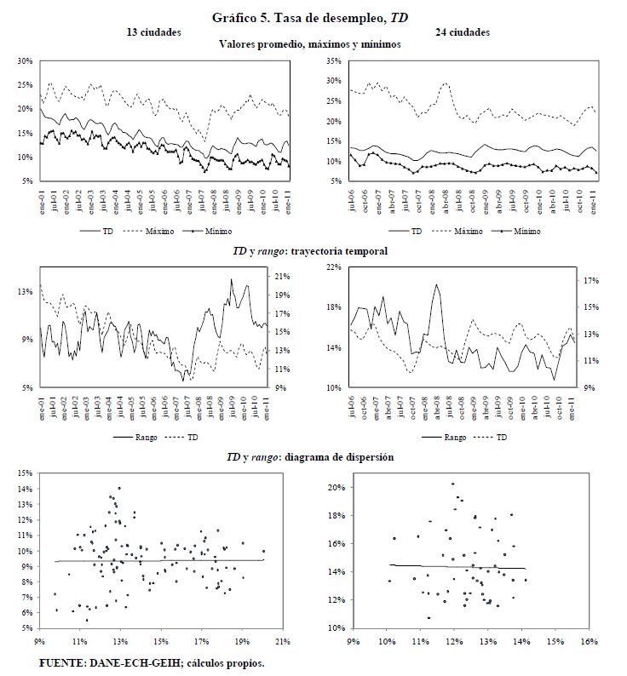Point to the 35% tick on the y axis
tap(333, 61)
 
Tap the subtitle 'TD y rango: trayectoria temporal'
tap(309, 251)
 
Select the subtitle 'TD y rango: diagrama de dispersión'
tap(309, 457)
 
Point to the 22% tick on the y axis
tap(333, 267)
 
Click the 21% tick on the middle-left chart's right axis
tap(284, 276)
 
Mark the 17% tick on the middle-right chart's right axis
tap(592, 280)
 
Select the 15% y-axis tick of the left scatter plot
tap(26, 473)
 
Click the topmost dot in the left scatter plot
tap(119, 488)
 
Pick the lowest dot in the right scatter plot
tap(429, 618)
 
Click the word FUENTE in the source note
tap(62, 662)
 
